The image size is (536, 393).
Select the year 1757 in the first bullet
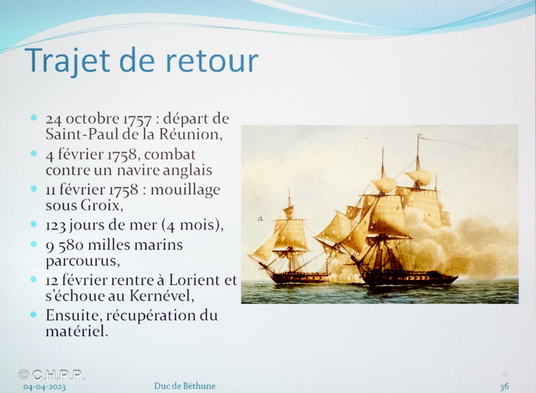point(137,119)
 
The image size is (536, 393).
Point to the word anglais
point(187,170)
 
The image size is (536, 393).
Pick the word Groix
point(102,205)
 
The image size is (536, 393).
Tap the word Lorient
point(195,280)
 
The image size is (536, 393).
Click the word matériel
point(77,331)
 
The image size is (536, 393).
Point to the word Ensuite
point(74,316)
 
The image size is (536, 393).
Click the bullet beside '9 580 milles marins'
point(33,244)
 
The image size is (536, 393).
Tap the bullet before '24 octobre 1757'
point(33,118)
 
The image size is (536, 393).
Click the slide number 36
point(504,387)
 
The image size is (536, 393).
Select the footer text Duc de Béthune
point(184,386)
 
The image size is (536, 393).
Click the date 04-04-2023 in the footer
point(44,387)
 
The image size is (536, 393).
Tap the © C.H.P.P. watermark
point(51,375)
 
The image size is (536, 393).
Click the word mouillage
point(185,190)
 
